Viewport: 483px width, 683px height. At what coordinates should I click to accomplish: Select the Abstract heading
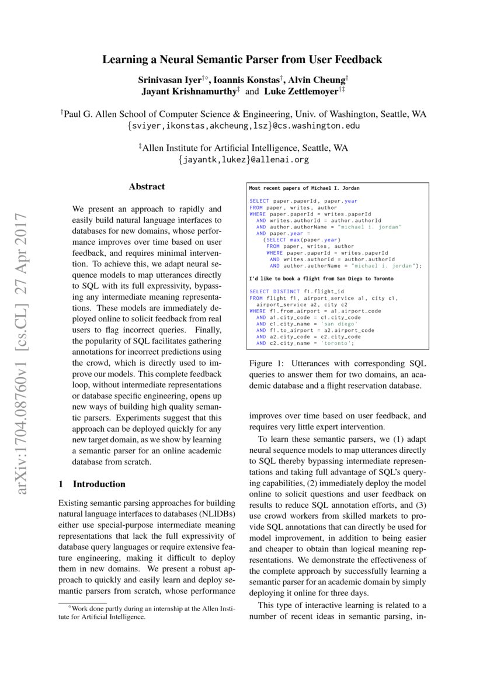point(147,187)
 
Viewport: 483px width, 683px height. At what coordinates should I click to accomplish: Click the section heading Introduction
point(99,484)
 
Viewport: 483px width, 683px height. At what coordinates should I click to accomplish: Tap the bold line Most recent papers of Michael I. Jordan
point(304,188)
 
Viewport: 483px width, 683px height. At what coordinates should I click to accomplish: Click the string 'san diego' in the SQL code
point(339,324)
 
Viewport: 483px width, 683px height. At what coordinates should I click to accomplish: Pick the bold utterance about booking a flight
point(321,279)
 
